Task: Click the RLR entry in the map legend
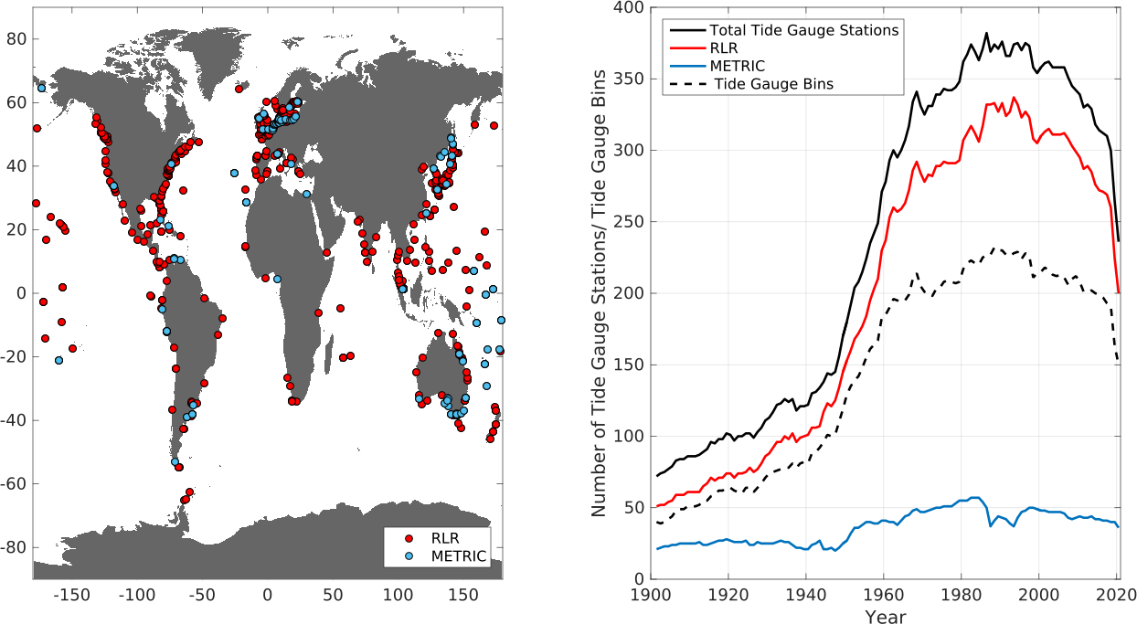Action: (x=445, y=538)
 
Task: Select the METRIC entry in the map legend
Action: (x=459, y=556)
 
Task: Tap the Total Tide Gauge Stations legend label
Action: (x=804, y=30)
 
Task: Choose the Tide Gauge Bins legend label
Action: (x=774, y=84)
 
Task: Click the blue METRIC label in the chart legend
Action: (x=737, y=66)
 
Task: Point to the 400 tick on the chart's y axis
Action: (x=629, y=7)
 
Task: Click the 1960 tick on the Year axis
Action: (x=883, y=594)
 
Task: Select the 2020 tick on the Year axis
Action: (x=1116, y=594)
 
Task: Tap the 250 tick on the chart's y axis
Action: (x=629, y=222)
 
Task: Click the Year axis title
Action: (x=886, y=616)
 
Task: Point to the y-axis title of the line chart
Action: (x=599, y=293)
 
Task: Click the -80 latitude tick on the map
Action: (x=14, y=547)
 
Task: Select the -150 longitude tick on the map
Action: (x=71, y=595)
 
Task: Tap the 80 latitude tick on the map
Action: (x=16, y=39)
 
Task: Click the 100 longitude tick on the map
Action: (x=398, y=595)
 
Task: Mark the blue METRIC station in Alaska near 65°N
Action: (x=41, y=89)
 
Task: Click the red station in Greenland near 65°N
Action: (x=239, y=90)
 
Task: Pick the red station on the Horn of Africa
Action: (x=326, y=253)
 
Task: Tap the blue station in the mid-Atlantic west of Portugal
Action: (x=234, y=173)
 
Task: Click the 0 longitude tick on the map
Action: (x=268, y=595)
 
